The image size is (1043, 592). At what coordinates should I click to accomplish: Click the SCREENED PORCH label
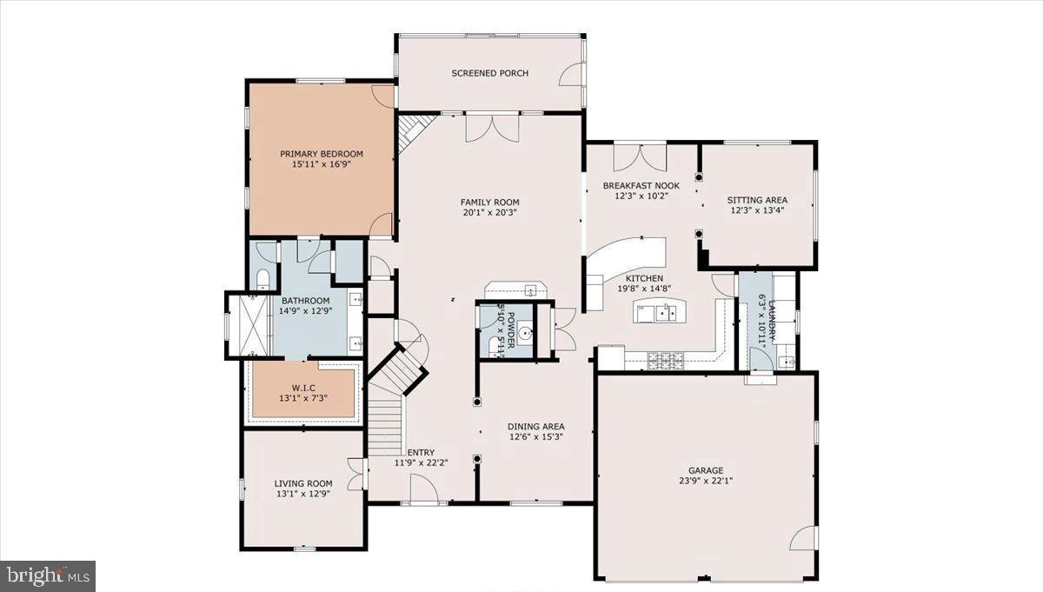point(489,73)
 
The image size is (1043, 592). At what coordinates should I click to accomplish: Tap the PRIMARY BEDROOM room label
point(321,154)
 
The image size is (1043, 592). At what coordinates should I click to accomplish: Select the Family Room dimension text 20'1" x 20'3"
point(489,212)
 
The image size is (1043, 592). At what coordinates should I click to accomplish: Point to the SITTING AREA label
point(757,200)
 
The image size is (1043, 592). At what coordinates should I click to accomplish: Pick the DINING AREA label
point(536,426)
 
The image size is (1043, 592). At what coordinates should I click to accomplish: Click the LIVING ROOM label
point(303,483)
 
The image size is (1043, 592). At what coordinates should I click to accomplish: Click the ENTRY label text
point(420,452)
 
